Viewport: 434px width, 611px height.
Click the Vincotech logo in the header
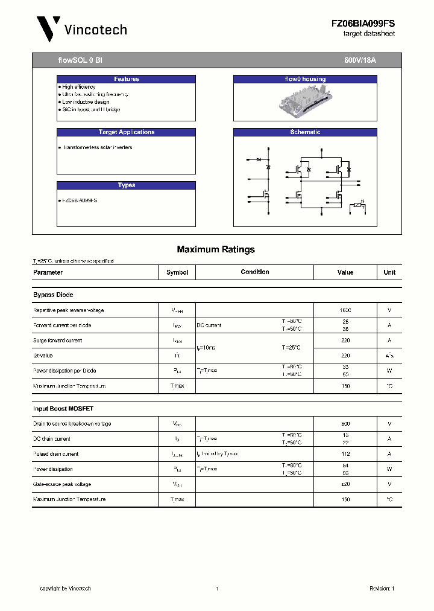click(81, 29)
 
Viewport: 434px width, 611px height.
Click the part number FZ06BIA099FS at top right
click(363, 23)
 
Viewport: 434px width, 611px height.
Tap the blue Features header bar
click(126, 79)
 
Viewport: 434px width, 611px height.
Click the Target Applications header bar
click(126, 132)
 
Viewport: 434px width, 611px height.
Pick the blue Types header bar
click(126, 185)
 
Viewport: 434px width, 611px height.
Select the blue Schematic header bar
click(304, 132)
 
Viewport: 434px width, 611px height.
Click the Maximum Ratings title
click(216, 249)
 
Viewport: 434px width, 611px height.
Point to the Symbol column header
click(177, 272)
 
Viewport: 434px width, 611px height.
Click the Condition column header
click(254, 272)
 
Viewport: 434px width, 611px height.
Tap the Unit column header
click(389, 272)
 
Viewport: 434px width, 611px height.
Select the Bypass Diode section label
click(53, 295)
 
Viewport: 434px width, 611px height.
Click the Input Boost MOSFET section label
click(63, 409)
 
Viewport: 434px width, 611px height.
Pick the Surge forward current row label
click(57, 341)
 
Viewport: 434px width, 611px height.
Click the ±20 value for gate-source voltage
click(345, 484)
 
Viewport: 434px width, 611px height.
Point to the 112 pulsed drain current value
click(345, 454)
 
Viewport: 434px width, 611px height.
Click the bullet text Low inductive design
click(86, 102)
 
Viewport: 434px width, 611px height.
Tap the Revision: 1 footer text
click(381, 589)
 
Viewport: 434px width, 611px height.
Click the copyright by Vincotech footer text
click(65, 589)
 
